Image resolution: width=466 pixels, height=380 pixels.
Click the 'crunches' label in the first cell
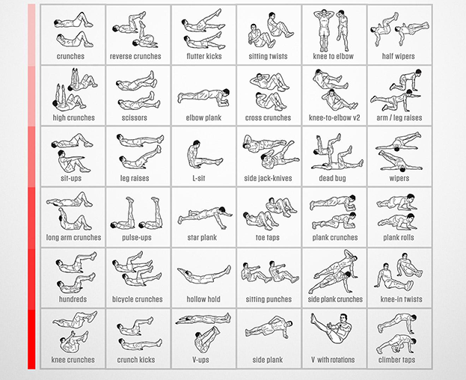[x=70, y=56]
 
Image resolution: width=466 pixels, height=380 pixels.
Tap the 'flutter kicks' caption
[x=204, y=56]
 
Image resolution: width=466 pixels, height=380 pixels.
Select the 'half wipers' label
[x=398, y=56]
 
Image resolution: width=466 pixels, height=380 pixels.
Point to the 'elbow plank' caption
[x=203, y=118]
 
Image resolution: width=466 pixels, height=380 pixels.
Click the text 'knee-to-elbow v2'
[x=334, y=117]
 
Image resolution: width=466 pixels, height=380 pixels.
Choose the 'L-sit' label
[x=198, y=178]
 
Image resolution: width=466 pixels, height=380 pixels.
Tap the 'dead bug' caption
[x=332, y=178]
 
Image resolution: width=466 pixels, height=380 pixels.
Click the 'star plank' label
[x=202, y=237]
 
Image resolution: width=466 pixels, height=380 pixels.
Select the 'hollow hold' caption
[x=203, y=299]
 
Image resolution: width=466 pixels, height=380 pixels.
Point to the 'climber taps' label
[x=396, y=360]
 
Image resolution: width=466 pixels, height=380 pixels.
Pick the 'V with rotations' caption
[x=333, y=360]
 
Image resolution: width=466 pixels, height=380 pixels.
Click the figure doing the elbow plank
[x=204, y=96]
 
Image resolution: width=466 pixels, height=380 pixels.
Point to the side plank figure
[x=269, y=328]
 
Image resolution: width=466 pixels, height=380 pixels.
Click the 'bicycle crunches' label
[x=138, y=299]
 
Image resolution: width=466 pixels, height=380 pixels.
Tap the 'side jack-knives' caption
[x=268, y=178]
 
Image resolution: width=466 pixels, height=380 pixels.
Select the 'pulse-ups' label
[x=137, y=238]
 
